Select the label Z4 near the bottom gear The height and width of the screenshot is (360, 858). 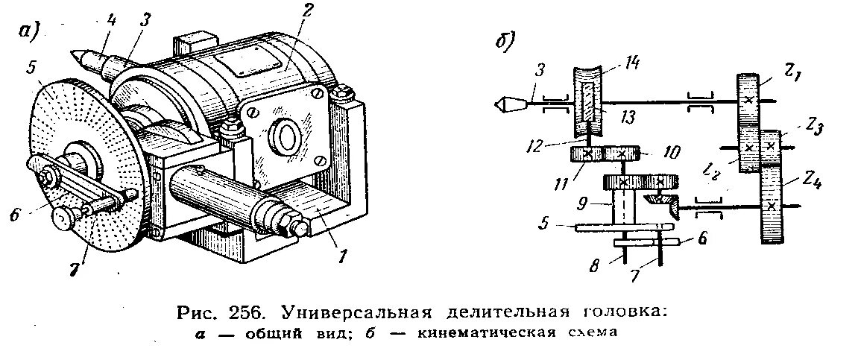811,180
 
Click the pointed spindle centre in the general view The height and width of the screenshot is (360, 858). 78,56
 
